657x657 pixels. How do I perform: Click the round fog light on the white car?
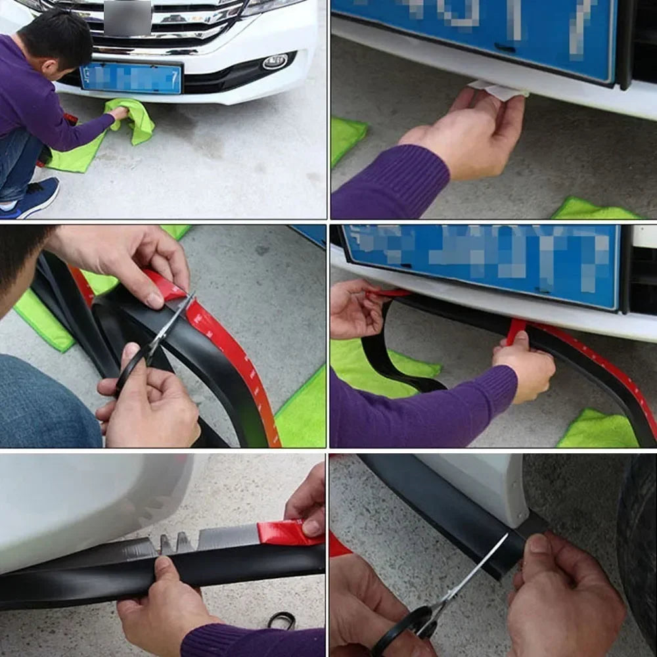tap(275, 62)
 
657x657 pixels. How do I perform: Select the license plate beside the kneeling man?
tap(131, 78)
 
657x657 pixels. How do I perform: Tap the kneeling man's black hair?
tap(56, 36)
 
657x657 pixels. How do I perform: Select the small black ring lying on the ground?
tap(281, 620)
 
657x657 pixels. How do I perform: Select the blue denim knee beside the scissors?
tap(46, 401)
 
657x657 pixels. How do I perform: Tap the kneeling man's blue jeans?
tap(16, 164)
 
